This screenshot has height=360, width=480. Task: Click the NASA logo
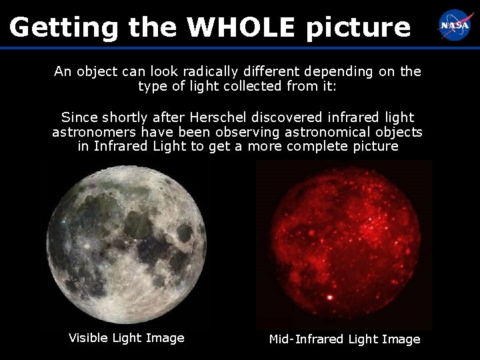(454, 25)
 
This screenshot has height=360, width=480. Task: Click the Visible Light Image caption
(127, 338)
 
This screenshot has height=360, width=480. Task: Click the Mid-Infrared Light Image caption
(345, 339)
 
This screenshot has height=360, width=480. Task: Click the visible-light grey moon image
(127, 244)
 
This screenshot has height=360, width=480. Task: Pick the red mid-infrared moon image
(343, 247)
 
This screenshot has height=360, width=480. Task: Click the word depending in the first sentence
(340, 71)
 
